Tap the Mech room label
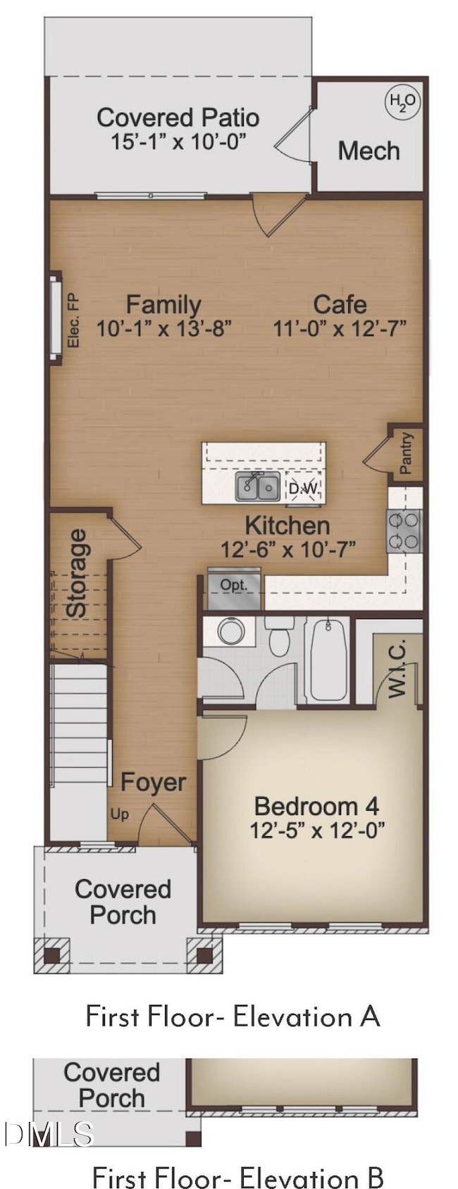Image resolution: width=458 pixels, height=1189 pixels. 369,151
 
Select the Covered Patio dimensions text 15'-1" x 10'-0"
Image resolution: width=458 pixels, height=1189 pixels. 178,142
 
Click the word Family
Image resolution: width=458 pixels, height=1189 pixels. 163,304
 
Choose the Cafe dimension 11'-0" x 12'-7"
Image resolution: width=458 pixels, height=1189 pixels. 340,328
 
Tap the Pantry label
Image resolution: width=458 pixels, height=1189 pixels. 406,454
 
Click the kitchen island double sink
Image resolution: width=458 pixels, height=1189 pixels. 258,487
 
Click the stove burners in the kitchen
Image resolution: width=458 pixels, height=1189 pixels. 404,531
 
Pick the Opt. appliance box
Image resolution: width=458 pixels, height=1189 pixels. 234,585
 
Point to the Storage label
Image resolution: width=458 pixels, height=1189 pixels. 77,573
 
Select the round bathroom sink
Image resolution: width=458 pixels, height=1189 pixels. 231,631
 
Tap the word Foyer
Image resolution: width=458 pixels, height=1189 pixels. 153,782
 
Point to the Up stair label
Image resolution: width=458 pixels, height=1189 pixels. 119,814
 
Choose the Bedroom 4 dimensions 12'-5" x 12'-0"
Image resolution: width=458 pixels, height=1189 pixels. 317,830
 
